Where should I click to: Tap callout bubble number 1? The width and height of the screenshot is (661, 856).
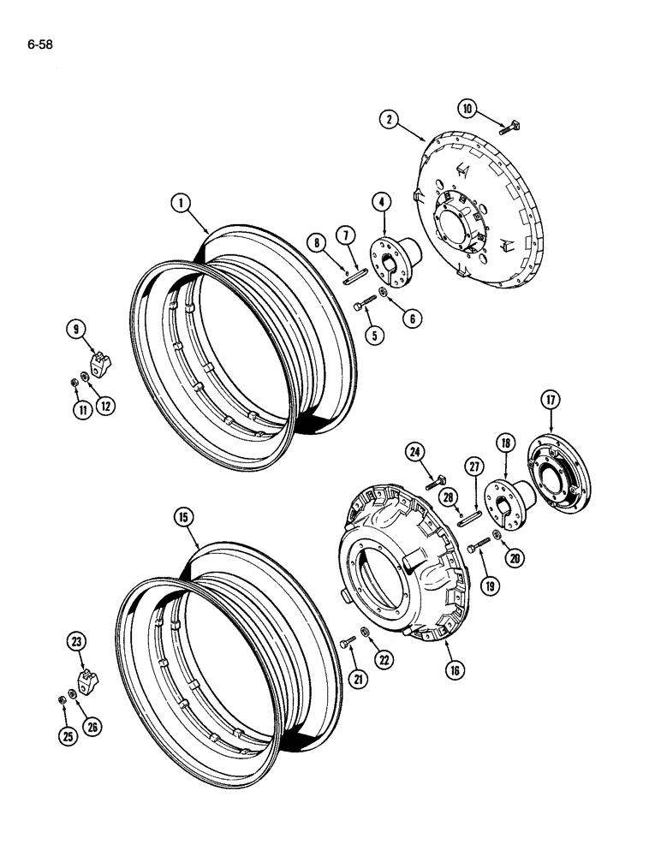coord(180,203)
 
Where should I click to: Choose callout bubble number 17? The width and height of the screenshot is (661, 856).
coord(549,399)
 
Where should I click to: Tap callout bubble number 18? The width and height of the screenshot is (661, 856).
coord(505,443)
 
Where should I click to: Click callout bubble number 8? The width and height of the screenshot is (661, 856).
coord(319,243)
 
